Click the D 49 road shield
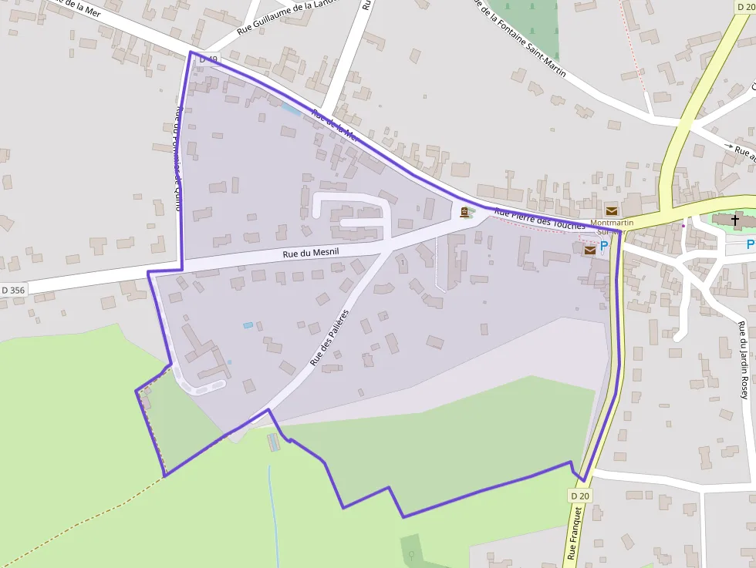pos(207,59)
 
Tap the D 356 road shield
pos(14,290)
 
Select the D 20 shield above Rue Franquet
pos(581,496)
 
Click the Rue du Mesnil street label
pos(312,252)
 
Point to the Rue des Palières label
pos(329,338)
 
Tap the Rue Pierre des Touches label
pos(540,218)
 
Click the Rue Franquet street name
pos(575,533)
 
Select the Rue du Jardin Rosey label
pos(743,359)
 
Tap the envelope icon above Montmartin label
pos(612,210)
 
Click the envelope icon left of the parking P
pos(590,250)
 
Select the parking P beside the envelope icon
pos(604,246)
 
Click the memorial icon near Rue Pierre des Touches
pos(464,212)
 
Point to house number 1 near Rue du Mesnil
pos(402,263)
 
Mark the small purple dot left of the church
pos(683,226)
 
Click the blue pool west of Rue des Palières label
pos(248,325)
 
